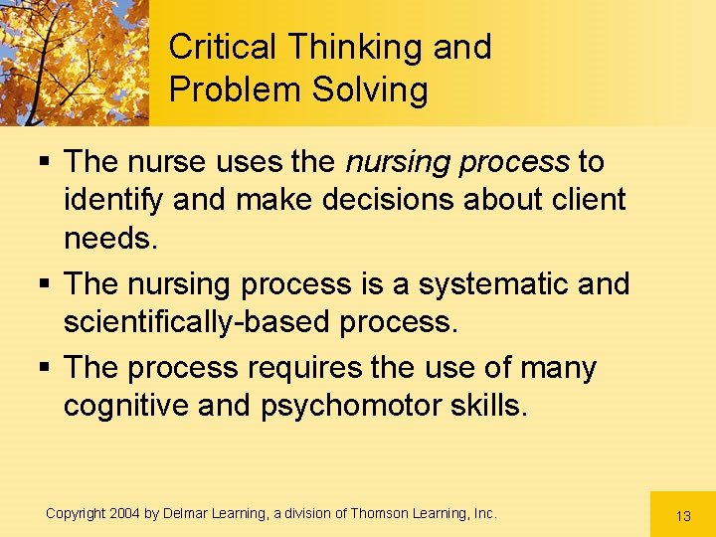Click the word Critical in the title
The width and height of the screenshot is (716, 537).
224,47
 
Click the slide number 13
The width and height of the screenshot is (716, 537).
682,516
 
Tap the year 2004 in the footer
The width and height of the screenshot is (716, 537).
123,513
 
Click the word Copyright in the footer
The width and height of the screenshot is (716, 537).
75,513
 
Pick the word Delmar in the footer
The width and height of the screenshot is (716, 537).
184,513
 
